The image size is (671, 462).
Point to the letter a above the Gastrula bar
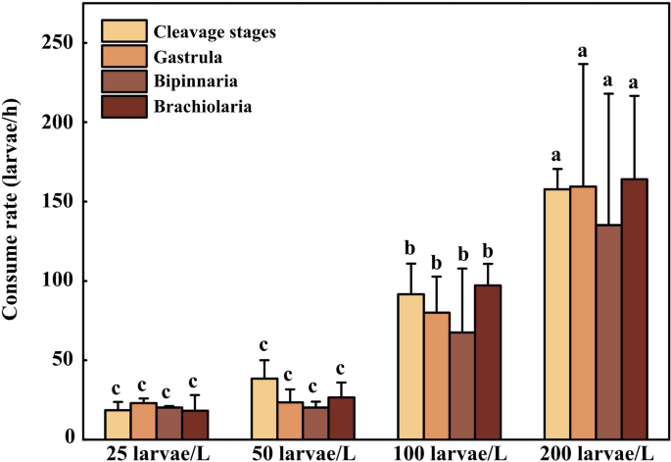click(584, 50)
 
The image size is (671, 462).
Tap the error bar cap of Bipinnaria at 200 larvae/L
click(609, 93)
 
